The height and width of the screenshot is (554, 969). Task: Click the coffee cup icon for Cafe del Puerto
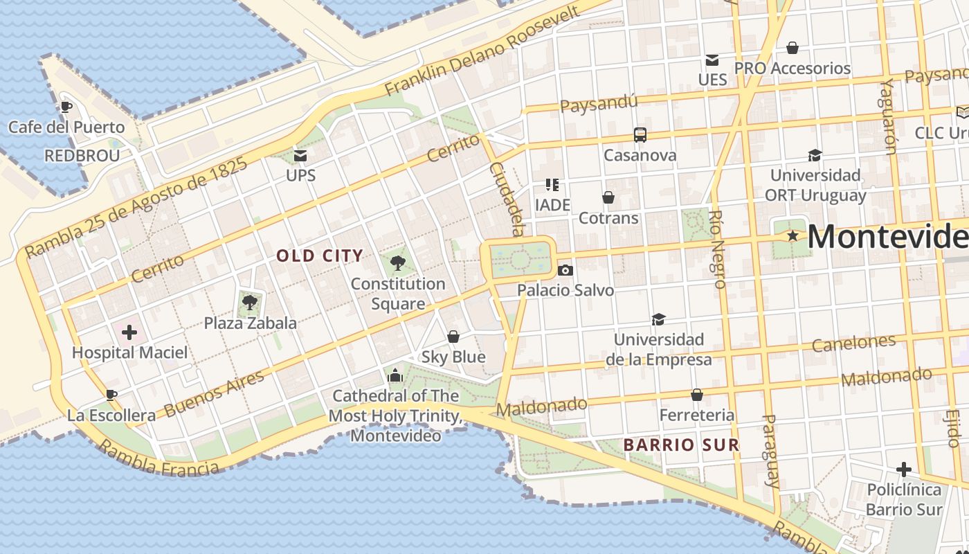pos(66,107)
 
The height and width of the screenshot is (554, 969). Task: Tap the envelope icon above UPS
pos(300,154)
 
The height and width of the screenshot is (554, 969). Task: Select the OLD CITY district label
pos(320,256)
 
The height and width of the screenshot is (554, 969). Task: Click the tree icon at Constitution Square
pos(397,263)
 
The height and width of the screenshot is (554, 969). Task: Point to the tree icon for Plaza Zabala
pos(250,303)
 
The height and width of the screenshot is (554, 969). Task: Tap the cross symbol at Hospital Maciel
pos(129,332)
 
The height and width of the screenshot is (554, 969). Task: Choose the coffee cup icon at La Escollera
pos(111,395)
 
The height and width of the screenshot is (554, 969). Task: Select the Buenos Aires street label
pos(214,393)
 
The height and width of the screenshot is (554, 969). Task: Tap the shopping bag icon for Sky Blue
pos(453,337)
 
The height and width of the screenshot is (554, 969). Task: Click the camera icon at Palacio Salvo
pos(565,270)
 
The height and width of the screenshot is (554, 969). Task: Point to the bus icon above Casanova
pos(640,135)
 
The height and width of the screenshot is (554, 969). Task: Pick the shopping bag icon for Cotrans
pos(608,198)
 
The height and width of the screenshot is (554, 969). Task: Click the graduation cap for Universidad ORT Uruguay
pos(815,155)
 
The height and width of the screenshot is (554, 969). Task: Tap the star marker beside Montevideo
pos(793,236)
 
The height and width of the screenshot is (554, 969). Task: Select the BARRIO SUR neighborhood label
pos(682,445)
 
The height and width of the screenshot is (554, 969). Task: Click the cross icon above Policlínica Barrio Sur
pos(903,470)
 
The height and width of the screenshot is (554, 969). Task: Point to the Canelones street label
pos(853,343)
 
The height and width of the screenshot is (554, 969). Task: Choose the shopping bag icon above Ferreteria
pos(697,395)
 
